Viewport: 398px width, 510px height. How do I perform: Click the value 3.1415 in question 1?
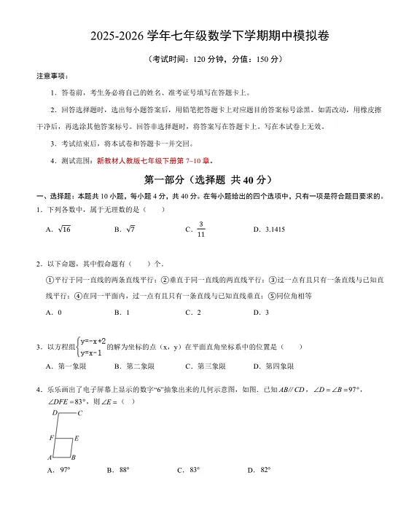pos(273,229)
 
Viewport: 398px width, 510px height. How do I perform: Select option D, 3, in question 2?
pos(266,313)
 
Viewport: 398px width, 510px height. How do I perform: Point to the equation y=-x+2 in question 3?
pos(93,341)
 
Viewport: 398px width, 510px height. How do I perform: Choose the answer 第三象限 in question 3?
pos(212,366)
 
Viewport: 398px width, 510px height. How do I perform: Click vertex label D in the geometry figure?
pos(54,413)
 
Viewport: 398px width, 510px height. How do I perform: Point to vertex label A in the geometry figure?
pos(50,458)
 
